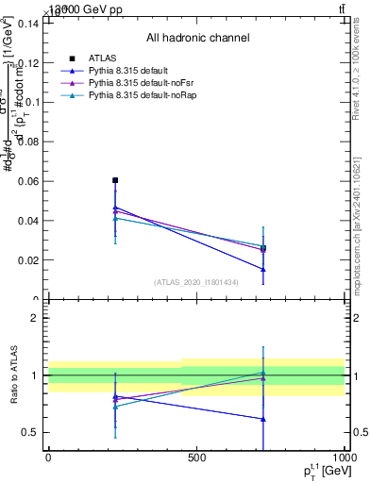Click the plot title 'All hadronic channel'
tap(197, 39)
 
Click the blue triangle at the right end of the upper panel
tap(263, 269)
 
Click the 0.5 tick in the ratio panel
tap(32, 432)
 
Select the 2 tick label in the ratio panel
tap(36, 318)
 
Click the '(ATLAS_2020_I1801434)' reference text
tap(196, 282)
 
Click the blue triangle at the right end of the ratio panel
tap(263, 419)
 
